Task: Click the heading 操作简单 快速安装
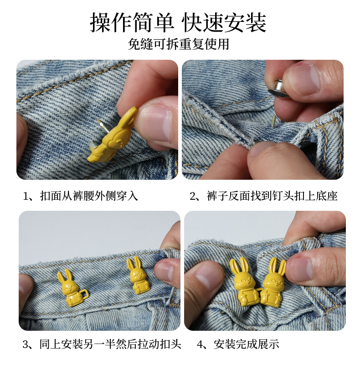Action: click(x=179, y=22)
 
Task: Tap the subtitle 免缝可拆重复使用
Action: click(x=179, y=44)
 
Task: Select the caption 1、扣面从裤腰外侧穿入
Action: click(x=80, y=196)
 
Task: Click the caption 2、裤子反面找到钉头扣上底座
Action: click(x=263, y=196)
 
